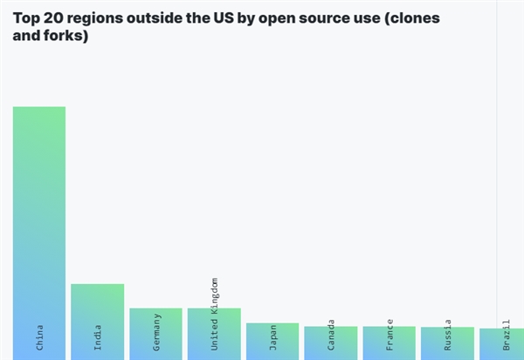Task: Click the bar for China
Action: coord(38,218)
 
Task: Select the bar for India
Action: coord(97,306)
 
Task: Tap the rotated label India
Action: coord(98,337)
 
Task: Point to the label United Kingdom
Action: coord(215,315)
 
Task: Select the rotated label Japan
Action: coord(273,337)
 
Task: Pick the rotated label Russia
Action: coord(448,336)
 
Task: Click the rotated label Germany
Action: coord(156,332)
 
